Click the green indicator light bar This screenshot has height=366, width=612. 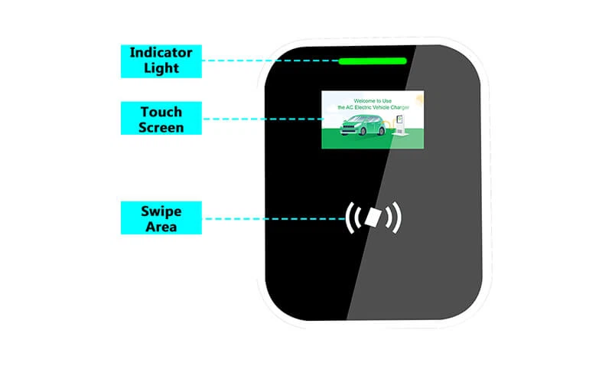373,60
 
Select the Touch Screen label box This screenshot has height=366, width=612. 161,119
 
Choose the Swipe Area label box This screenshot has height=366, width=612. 160,217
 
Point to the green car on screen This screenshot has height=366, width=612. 363,126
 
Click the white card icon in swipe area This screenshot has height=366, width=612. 373,218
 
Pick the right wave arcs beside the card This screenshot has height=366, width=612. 393,218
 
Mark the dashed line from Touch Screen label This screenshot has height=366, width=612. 260,119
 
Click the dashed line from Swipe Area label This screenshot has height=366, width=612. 268,217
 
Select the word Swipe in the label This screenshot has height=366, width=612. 160,210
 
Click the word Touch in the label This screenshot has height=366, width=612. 161,111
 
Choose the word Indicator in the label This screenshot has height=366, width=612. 160,54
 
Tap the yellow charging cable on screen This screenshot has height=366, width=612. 389,123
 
